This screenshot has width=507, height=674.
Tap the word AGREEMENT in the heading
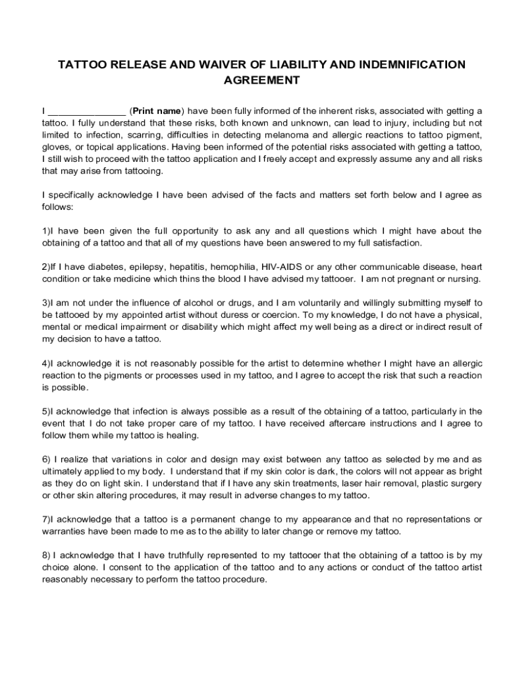tap(261, 80)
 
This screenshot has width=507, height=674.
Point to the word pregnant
tap(424, 278)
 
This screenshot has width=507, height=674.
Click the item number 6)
tap(46, 459)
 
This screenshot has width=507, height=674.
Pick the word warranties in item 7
tap(65, 531)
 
